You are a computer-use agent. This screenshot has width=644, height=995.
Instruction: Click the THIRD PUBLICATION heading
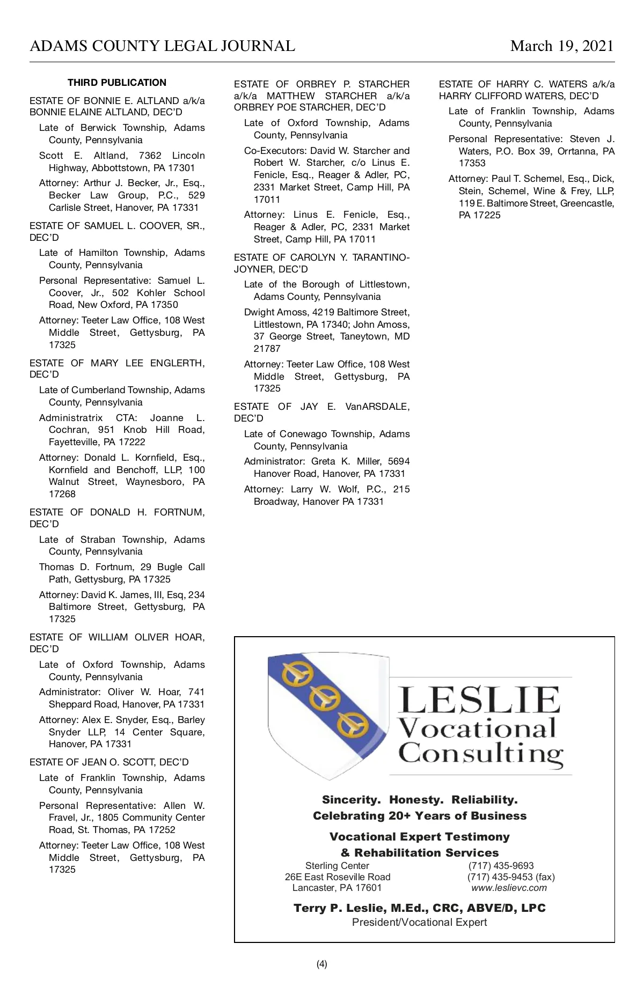[117, 83]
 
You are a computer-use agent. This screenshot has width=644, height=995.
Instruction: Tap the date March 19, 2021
[562, 46]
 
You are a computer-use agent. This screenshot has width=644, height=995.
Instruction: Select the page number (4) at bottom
[321, 964]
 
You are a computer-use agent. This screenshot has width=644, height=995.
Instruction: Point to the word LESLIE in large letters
[479, 700]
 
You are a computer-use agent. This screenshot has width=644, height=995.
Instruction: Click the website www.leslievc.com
[509, 888]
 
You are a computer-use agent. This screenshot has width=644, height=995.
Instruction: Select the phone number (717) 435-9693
[501, 866]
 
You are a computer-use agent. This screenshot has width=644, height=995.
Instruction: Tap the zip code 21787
[267, 349]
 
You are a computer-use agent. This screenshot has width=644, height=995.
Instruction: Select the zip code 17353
[472, 163]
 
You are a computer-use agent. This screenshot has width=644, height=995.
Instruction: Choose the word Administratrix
[71, 418]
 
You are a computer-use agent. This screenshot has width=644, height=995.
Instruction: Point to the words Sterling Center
[337, 866]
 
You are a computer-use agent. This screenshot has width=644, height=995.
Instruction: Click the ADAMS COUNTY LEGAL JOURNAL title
[162, 46]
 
